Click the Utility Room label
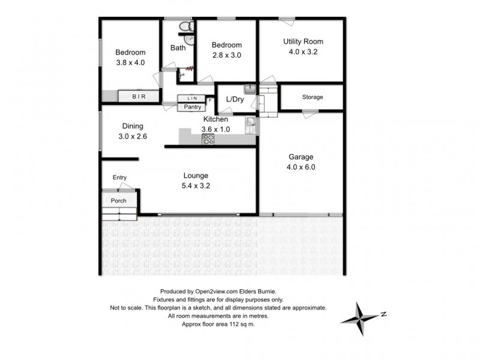click(303, 41)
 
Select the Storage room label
click(312, 97)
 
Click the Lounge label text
click(196, 176)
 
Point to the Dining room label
click(133, 126)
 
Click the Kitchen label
click(215, 119)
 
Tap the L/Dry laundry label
click(233, 99)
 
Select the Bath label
click(178, 49)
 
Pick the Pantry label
click(192, 107)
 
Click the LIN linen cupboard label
click(192, 98)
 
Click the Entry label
click(119, 177)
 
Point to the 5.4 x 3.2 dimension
click(196, 185)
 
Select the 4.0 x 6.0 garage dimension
click(301, 168)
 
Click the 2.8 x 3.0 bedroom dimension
click(227, 55)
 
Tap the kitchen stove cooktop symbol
click(209, 139)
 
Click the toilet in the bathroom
click(185, 28)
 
